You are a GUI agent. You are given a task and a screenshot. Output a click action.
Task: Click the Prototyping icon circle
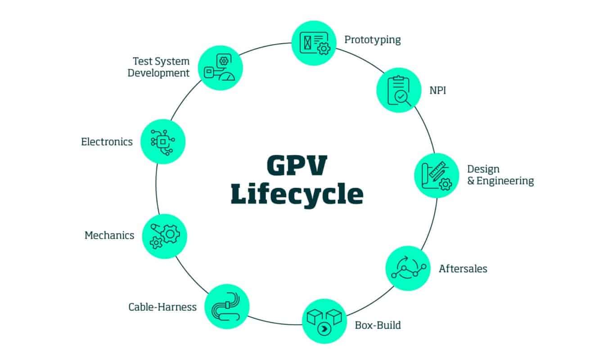point(314,43)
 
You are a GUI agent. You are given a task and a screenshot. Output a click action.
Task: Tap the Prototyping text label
point(372,40)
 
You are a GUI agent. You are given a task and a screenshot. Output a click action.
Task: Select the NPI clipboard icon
point(399,90)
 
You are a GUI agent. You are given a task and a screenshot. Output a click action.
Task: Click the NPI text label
point(437,90)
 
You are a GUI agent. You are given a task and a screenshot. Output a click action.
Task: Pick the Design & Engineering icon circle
point(436,175)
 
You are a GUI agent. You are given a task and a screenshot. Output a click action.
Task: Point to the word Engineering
point(505,181)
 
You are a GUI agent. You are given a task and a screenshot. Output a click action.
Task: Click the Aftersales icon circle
point(408,268)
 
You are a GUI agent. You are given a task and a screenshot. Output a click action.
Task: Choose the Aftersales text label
point(463,269)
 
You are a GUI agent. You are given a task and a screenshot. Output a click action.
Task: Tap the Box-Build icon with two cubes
point(324,321)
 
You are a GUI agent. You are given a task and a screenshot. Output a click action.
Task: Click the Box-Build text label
point(378,324)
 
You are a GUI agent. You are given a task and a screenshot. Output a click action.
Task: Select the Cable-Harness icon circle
point(227,306)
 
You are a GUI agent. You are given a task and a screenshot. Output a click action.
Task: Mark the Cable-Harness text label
point(162,307)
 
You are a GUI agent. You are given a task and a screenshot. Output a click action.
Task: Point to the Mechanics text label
point(109,235)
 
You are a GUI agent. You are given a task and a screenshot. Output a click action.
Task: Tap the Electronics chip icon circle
point(163,141)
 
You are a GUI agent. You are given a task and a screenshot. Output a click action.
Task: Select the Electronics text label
point(107,142)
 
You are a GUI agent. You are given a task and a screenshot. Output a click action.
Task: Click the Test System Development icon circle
point(220,68)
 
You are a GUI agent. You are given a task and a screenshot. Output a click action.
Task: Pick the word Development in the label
point(158,73)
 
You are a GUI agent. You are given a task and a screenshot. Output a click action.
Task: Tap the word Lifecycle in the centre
point(297,194)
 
